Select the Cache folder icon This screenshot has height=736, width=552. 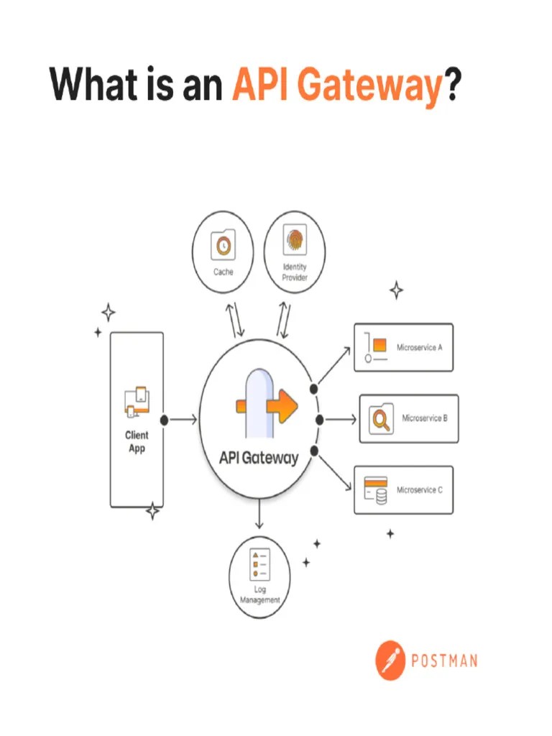click(x=224, y=247)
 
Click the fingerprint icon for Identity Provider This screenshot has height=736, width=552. click(x=295, y=241)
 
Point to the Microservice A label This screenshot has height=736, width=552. click(x=419, y=347)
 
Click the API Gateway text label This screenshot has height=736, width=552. click(x=259, y=458)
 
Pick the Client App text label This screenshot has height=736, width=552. click(x=137, y=442)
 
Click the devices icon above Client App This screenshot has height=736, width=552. click(x=137, y=402)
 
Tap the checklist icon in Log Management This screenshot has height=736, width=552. click(x=259, y=565)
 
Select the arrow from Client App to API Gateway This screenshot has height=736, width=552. click(x=184, y=420)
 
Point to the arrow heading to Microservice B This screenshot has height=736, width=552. click(x=342, y=420)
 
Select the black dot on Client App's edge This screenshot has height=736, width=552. click(x=164, y=420)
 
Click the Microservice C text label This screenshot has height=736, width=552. click(x=420, y=490)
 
